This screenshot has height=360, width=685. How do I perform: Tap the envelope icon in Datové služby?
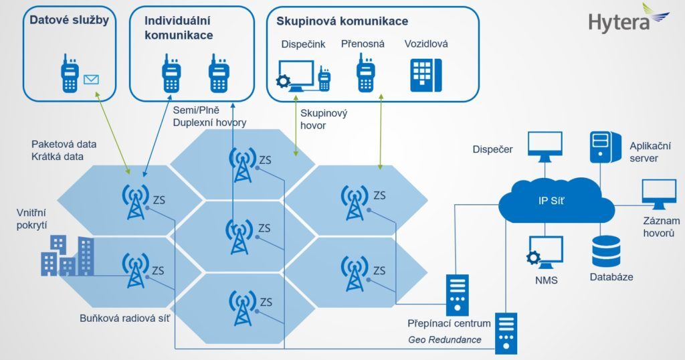pyautogui.click(x=91, y=80)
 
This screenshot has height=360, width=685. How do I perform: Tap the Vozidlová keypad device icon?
pyautogui.click(x=426, y=74)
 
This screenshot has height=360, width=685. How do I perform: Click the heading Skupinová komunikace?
pyautogui.click(x=342, y=21)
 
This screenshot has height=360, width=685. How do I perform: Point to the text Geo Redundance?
pyautogui.click(x=444, y=339)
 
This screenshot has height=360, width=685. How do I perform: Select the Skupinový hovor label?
pyautogui.click(x=323, y=119)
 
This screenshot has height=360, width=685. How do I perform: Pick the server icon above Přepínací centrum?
pyautogui.click(x=458, y=293)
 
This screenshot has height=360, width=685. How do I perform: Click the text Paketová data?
pyautogui.click(x=64, y=144)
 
